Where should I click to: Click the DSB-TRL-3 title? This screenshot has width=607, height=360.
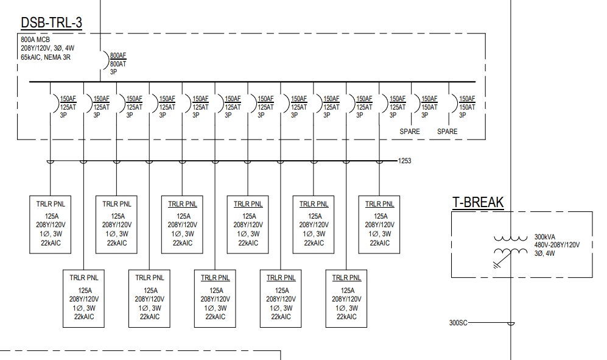51,23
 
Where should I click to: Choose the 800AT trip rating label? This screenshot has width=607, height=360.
118,63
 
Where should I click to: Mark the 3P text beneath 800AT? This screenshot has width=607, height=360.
113,71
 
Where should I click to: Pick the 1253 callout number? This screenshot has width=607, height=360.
405,161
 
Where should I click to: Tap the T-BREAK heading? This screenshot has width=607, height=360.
478,203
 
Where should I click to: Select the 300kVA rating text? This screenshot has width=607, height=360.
545,236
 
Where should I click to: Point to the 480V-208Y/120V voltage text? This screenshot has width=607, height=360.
556,245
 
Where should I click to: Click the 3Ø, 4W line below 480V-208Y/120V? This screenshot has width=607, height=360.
544,253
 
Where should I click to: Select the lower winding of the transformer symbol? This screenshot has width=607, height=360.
510,252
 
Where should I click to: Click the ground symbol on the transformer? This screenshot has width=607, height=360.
496,264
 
